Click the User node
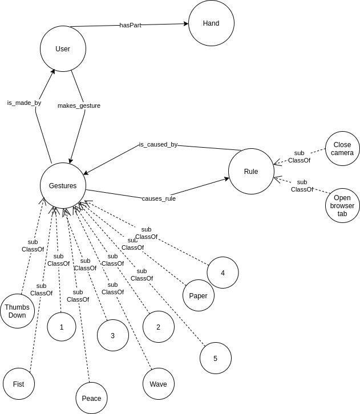63,49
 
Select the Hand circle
211,23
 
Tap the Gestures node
63,186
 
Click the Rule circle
251,172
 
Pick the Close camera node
343,149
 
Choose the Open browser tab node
342,206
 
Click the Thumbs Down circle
17,311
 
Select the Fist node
18,384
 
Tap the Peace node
91,398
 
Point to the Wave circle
158,384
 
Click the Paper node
198,295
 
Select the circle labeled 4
223,273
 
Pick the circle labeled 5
215,358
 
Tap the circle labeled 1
61,327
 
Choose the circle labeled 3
112,335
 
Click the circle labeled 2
158,327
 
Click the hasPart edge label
130,25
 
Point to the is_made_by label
24,103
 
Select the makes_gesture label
79,105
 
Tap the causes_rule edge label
159,198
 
